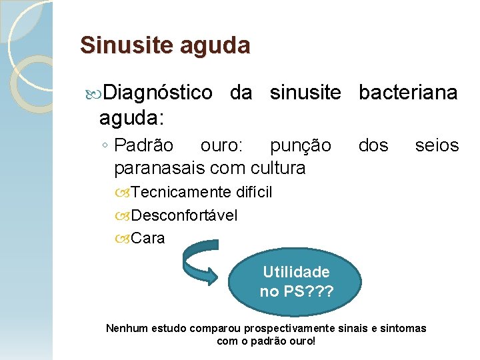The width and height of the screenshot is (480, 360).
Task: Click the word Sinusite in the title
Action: (117, 45)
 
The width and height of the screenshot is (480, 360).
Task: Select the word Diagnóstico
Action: (158, 93)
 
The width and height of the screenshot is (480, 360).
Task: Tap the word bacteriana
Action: (408, 93)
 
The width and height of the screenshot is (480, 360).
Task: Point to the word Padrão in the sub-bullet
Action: (143, 145)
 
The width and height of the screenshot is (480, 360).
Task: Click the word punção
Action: (300, 145)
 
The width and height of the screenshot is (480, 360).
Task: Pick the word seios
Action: (437, 145)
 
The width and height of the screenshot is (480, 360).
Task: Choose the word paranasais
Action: (161, 167)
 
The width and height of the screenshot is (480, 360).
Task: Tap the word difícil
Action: (254, 193)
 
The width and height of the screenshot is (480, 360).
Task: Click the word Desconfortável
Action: (184, 215)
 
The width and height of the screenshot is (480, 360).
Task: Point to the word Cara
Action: (148, 238)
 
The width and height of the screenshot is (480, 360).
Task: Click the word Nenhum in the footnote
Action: (129, 329)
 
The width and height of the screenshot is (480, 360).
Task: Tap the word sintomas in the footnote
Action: (403, 329)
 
